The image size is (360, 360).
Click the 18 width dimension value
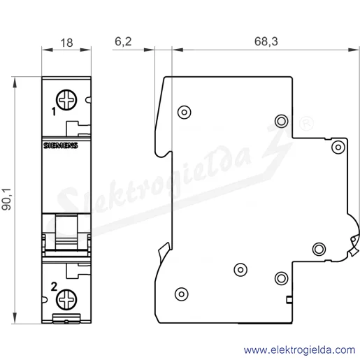coord(66,43)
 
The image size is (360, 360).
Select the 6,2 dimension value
coord(123,41)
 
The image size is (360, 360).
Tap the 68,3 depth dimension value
coord(266,41)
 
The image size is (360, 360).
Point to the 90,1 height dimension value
coord(6,199)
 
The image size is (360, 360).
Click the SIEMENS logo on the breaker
coord(61,145)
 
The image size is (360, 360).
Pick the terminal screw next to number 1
coord(66,100)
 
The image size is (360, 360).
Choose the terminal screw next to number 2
coord(66,299)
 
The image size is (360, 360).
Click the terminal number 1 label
coord(54,112)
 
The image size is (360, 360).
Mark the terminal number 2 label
coord(54,287)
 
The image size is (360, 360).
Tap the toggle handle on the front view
coord(66,232)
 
